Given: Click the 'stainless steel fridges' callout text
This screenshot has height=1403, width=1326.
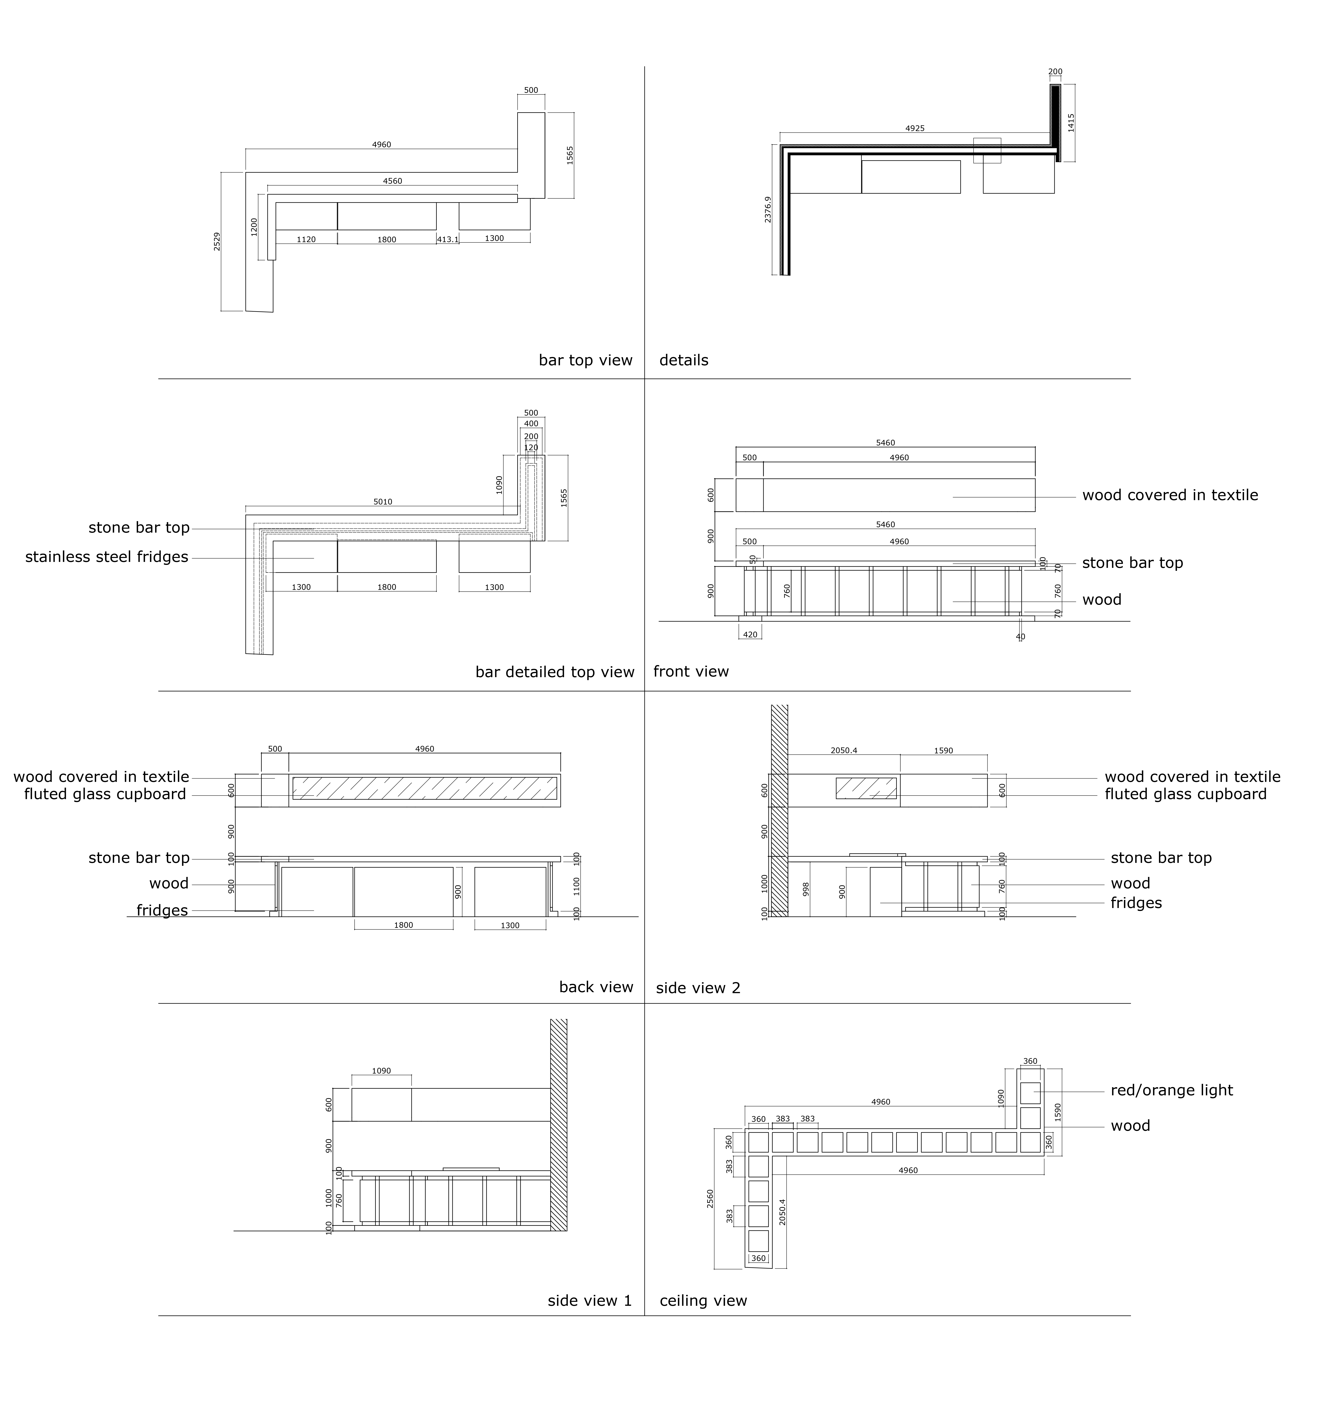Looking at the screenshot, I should point(107,557).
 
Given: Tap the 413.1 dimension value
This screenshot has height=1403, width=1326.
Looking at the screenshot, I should point(447,240).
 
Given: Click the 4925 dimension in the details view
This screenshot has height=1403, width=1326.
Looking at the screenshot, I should point(915,129).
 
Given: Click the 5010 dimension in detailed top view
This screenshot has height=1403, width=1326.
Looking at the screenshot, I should point(382,502).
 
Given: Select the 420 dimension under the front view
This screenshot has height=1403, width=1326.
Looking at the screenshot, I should point(750,635).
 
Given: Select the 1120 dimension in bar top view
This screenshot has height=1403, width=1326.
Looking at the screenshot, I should point(306,240).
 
